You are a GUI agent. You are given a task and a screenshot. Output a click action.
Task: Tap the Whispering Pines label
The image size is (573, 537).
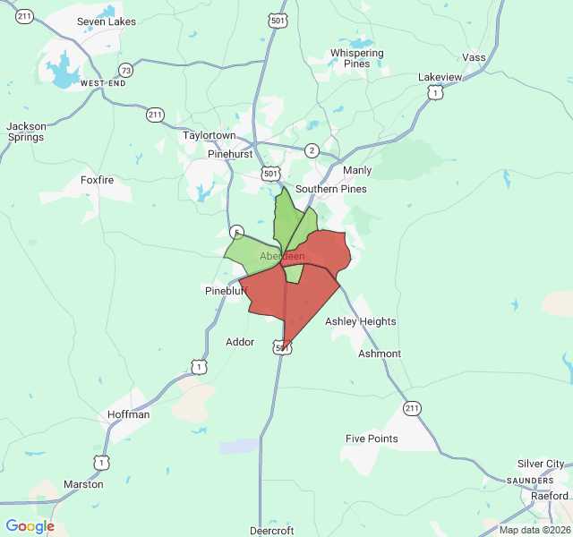point(356,58)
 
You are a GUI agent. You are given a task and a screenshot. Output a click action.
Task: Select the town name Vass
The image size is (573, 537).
point(474,57)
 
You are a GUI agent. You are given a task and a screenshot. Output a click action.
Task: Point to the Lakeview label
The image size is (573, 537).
point(440,77)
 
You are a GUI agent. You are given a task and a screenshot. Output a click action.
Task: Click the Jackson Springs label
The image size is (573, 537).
point(26,132)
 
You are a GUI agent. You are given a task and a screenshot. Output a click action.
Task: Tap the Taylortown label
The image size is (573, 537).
point(210,136)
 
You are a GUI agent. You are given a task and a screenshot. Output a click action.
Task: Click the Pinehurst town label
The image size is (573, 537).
point(231,154)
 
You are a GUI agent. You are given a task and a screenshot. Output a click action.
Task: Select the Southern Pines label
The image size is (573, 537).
point(330,189)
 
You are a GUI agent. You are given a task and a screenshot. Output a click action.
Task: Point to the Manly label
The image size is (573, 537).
point(356,170)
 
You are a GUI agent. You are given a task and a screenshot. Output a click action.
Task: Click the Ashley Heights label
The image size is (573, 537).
point(360,321)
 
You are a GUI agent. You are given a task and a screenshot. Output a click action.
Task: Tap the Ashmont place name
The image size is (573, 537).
point(380,354)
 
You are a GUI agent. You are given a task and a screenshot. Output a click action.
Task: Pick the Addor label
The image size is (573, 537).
point(240,342)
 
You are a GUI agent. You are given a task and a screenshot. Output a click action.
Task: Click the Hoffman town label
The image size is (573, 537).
point(128,414)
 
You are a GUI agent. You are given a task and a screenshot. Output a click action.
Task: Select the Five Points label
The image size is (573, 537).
point(372,439)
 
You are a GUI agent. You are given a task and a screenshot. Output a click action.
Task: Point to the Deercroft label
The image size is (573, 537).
point(271,531)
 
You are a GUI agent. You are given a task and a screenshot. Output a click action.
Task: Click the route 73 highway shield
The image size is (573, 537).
point(125,71)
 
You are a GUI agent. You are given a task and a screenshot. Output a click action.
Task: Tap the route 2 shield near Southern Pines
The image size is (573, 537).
point(312,150)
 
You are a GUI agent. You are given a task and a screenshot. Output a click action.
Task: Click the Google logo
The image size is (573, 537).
point(30,526)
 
